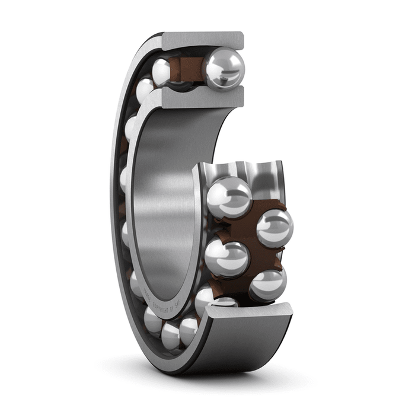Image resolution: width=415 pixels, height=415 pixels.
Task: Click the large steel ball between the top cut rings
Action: click(x=224, y=68)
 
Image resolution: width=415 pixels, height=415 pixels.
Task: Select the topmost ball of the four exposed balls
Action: click(x=229, y=197)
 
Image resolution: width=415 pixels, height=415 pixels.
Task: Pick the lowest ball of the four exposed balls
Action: click(x=268, y=285)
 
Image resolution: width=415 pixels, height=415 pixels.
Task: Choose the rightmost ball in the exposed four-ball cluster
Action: click(x=274, y=228)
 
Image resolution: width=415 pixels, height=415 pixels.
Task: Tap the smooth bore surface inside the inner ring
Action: click(x=166, y=196)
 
